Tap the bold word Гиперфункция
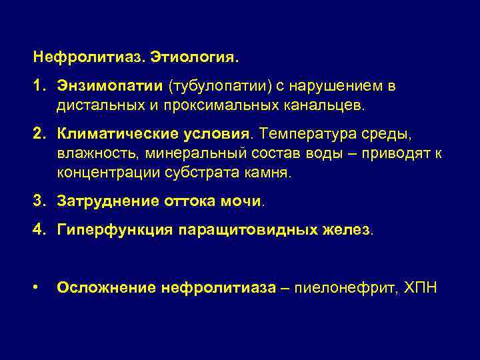(113, 229)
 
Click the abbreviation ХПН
(421, 288)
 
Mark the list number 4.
(37, 229)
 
